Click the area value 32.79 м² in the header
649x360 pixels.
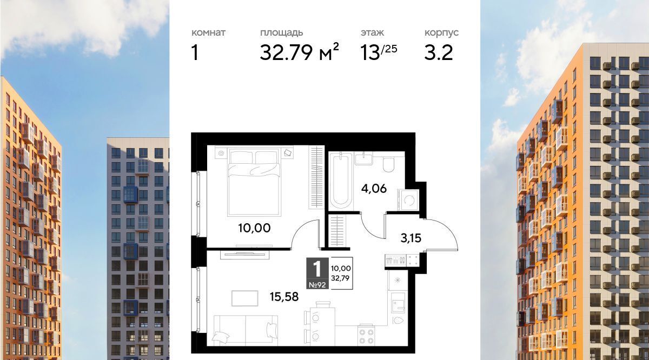point(299,52)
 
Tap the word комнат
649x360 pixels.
point(208,32)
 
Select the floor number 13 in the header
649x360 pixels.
point(370,53)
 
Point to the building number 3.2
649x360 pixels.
point(439,53)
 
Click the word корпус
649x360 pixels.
point(441,33)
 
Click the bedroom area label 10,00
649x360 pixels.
point(254,228)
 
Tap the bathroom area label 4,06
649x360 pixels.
point(374,189)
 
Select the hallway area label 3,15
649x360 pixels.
point(411,238)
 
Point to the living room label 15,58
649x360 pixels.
point(284,297)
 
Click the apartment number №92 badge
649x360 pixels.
point(317,285)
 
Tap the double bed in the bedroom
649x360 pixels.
point(254,182)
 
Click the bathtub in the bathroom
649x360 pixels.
point(341,181)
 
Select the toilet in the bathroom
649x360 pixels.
point(388,164)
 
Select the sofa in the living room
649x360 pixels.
point(246,330)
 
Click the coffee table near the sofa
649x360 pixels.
point(245,298)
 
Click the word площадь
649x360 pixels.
point(281,33)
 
